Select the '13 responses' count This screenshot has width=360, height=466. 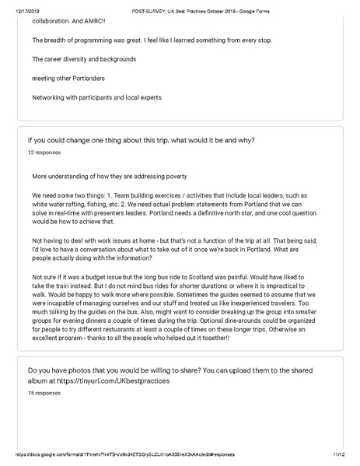(x=42, y=153)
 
